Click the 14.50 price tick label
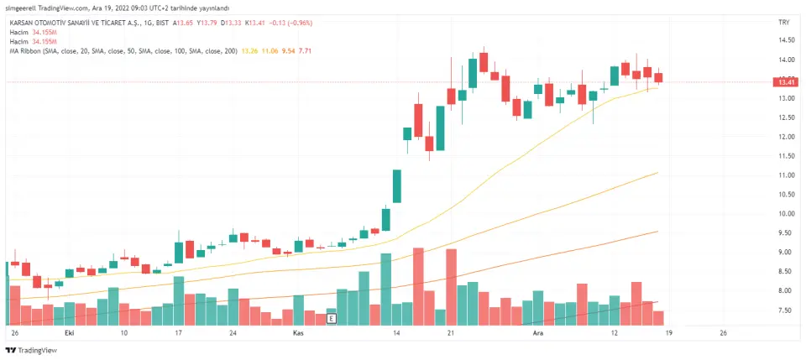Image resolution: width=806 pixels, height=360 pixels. point(786,40)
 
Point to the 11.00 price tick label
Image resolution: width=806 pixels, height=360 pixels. point(786,175)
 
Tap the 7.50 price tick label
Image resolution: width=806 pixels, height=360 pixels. point(786,310)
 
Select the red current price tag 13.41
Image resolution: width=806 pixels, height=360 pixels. point(786,82)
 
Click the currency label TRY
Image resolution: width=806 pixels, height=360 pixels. point(785,23)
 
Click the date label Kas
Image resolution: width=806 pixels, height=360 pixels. point(297,333)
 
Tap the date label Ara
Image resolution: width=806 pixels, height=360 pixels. point(540,333)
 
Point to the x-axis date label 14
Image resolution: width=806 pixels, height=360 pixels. point(396,333)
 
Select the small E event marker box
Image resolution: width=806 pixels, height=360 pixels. point(332,319)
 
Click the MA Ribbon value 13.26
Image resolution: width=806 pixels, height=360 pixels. point(249,51)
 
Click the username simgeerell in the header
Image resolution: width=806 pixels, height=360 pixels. point(23,8)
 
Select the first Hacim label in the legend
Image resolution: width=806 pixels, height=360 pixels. point(18,32)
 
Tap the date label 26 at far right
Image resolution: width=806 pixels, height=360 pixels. point(723,333)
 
